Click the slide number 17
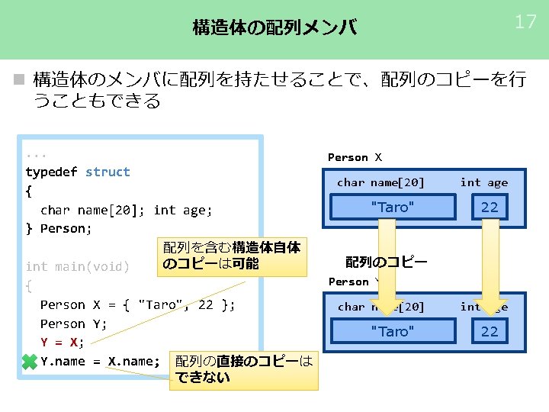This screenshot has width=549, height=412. pyautogui.click(x=525, y=21)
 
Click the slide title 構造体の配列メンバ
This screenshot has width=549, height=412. pyautogui.click(x=274, y=28)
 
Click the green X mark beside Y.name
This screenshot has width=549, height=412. pyautogui.click(x=30, y=362)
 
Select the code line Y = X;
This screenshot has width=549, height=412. pyautogui.click(x=63, y=342)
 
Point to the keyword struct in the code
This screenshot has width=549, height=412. pyautogui.click(x=108, y=172)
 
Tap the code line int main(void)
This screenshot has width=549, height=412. pyautogui.click(x=77, y=266)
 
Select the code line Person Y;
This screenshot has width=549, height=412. pyautogui.click(x=73, y=323)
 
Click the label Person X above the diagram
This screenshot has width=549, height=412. pyautogui.click(x=355, y=157)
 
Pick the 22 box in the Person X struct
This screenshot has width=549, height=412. pyautogui.click(x=489, y=207)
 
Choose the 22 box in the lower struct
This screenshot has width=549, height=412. pyautogui.click(x=489, y=331)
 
